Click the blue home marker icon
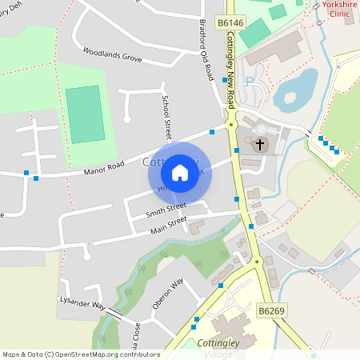(x=180, y=173)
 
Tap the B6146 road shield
(x=230, y=24)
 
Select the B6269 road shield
(x=271, y=310)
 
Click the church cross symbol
(x=259, y=146)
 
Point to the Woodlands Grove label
(x=111, y=58)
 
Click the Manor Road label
(x=104, y=166)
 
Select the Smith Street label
(x=166, y=211)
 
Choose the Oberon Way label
(x=168, y=293)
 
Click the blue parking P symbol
(x=249, y=82)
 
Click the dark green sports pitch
(x=84, y=114)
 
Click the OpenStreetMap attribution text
(x=81, y=354)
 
